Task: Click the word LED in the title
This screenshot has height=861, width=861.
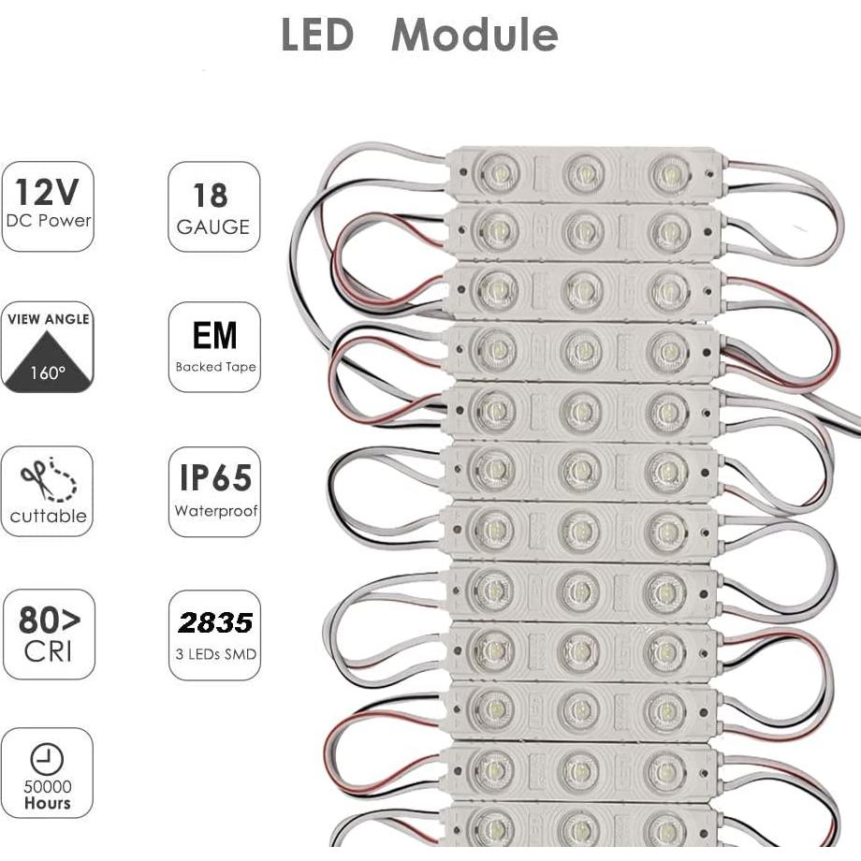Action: tap(317, 36)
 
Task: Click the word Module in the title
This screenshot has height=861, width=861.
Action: tap(474, 36)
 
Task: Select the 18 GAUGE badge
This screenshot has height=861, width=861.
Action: tap(213, 207)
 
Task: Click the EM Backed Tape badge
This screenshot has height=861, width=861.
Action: tap(214, 346)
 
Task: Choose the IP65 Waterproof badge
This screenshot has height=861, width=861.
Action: tap(214, 491)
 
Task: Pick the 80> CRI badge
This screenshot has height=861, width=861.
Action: tap(49, 634)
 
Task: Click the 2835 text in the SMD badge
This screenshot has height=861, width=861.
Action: tap(215, 622)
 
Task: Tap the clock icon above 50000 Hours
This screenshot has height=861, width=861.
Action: tap(41, 759)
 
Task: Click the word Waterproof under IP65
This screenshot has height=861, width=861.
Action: tap(215, 512)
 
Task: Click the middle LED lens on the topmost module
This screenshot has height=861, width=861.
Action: tap(585, 173)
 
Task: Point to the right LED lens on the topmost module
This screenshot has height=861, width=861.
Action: tap(670, 174)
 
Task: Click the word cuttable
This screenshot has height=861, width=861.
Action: tap(48, 516)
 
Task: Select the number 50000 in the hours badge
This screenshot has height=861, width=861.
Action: tap(48, 787)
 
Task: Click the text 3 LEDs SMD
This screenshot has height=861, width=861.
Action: tap(215, 653)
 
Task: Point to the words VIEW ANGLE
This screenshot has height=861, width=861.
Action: tap(49, 319)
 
